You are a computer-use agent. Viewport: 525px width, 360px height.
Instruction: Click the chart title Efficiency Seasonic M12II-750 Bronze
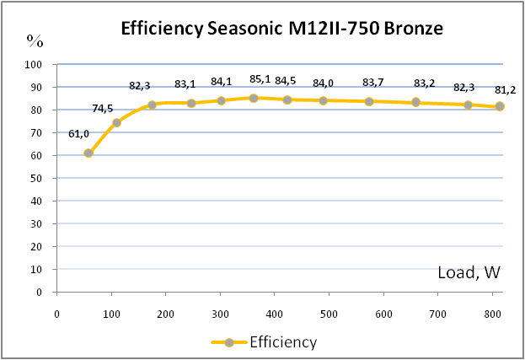pos(281,31)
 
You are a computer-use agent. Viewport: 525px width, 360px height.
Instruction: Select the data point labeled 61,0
pos(88,153)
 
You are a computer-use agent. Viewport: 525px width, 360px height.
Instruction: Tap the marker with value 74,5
pos(116,122)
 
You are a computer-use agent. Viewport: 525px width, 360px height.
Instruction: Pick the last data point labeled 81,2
pos(500,106)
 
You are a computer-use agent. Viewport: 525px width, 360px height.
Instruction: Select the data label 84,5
pos(285,81)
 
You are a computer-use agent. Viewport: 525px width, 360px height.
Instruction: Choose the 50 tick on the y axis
pos(36,178)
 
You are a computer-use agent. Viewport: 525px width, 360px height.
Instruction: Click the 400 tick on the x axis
pos(275,314)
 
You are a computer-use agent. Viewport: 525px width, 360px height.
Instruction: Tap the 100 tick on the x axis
pos(111,314)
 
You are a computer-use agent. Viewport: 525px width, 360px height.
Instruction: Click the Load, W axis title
pos(469,272)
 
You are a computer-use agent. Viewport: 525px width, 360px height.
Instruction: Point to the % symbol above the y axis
pos(35,40)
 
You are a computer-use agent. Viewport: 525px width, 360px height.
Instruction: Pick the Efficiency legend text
pos(283,342)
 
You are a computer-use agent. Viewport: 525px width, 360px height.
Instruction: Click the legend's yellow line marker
pos(228,342)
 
